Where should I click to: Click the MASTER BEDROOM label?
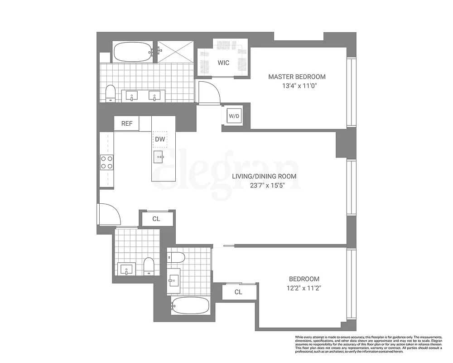297,77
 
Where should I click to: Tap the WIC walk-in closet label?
223,63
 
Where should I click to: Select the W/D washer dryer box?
234,116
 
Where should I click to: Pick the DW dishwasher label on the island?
160,140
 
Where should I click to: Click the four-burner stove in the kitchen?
107,162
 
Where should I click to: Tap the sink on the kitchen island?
159,157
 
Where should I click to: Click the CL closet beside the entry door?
156,219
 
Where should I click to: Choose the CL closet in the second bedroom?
238,292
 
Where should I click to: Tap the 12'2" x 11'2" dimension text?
304,288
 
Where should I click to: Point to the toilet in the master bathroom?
110,93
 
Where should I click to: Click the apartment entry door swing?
108,214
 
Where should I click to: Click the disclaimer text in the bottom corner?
368,345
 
